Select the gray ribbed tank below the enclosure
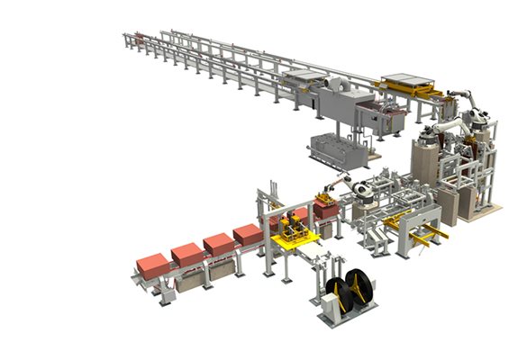(x=339, y=148)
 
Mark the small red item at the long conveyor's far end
(x=140, y=38)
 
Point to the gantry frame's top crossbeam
(x=276, y=193)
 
